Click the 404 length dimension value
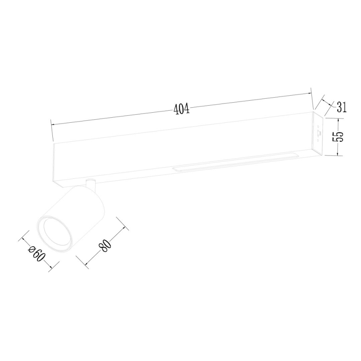[x=181, y=109]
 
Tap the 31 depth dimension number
[x=341, y=107]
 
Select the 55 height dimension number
[x=339, y=137]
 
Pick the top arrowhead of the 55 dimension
[x=339, y=120]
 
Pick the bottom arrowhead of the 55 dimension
[x=339, y=154]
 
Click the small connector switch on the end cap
[x=319, y=133]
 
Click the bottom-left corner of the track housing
[x=55, y=180]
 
